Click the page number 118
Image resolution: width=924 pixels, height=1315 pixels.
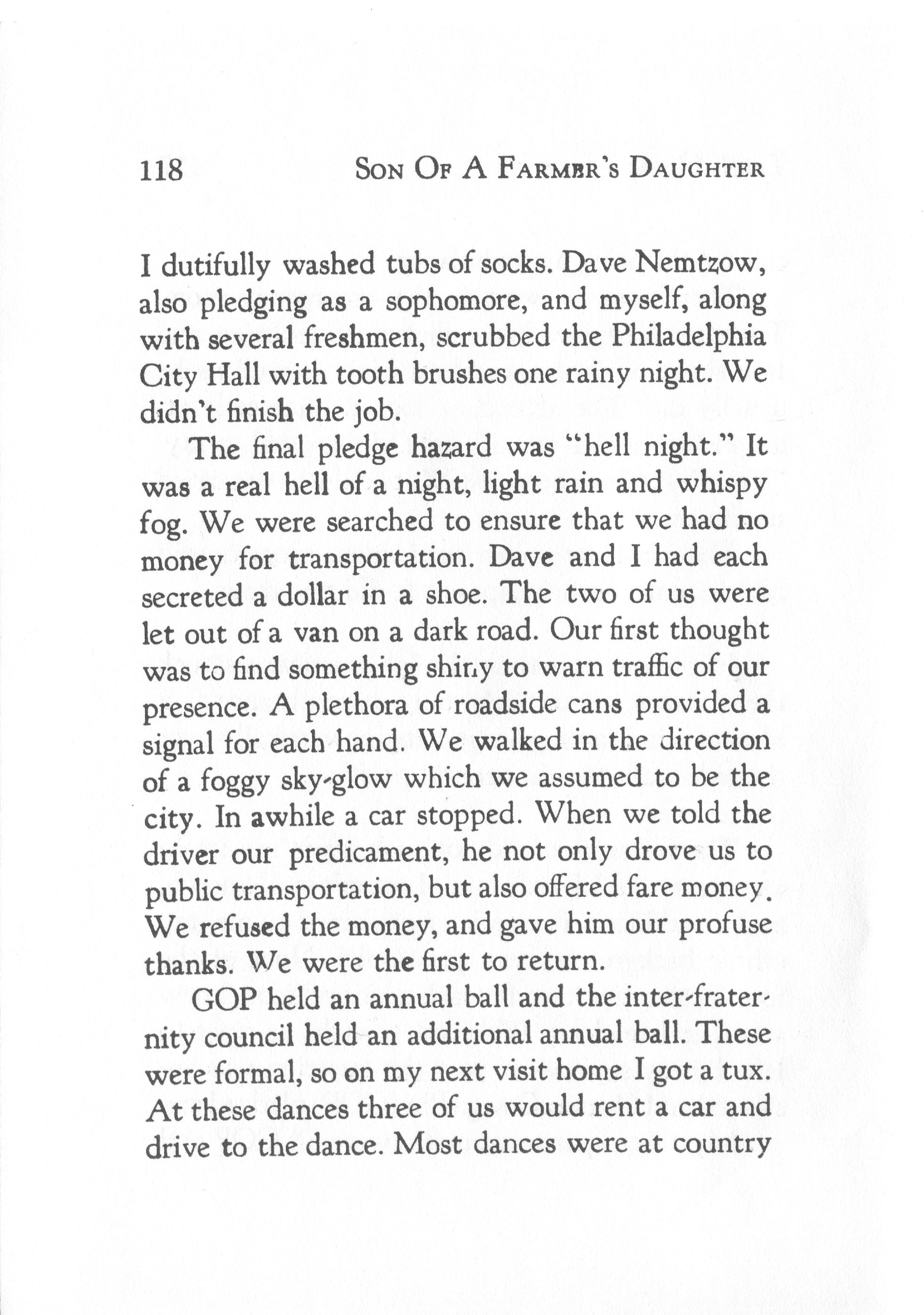click(x=161, y=170)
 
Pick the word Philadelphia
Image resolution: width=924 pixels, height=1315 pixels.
click(x=689, y=339)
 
